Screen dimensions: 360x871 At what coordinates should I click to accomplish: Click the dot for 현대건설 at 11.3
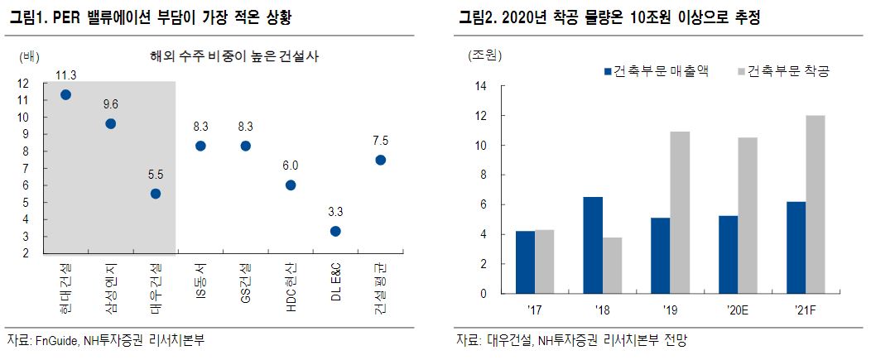tap(65, 94)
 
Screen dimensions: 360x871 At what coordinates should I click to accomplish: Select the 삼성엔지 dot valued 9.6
tap(110, 123)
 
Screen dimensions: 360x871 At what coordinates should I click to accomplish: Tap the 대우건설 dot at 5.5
tap(156, 194)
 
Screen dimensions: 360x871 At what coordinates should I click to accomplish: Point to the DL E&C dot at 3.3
tap(335, 231)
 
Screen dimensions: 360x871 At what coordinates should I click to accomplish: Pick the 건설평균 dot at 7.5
tap(380, 160)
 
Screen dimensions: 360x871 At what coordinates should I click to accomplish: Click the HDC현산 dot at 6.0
tap(290, 185)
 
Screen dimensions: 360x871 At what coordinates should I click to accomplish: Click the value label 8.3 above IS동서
tap(200, 127)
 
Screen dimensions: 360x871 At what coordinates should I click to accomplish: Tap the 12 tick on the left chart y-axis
tap(22, 83)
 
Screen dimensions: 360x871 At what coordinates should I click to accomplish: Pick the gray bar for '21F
tap(816, 204)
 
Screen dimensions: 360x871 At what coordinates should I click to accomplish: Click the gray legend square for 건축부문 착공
tap(741, 72)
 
